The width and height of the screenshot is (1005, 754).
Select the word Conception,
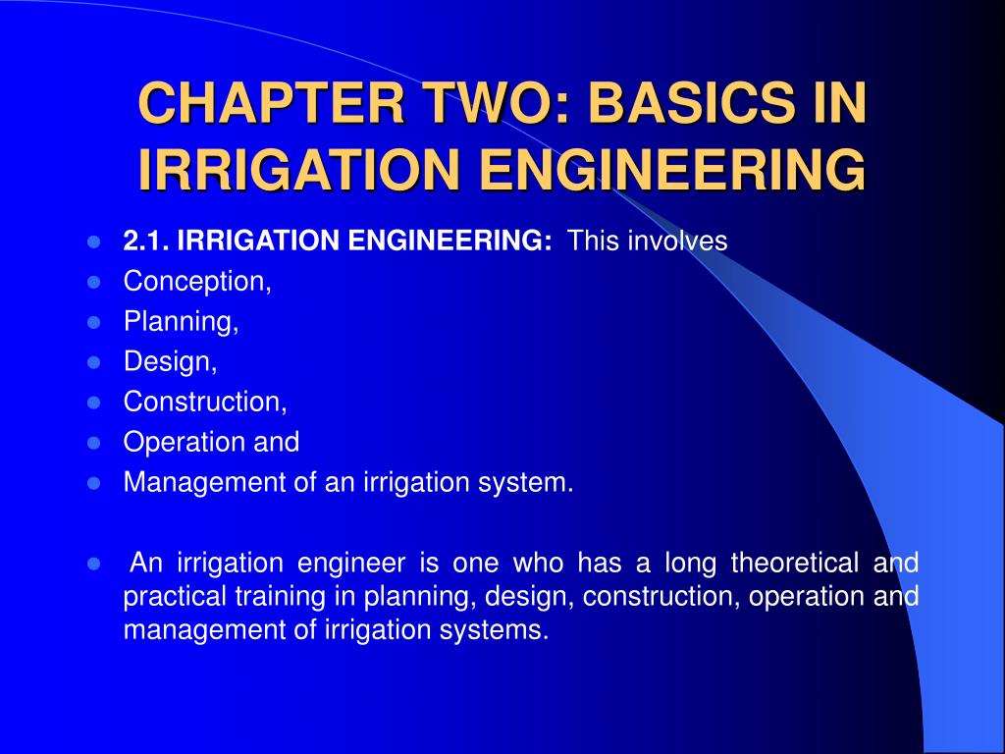pos(197,282)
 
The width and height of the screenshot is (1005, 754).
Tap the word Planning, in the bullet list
pos(182,322)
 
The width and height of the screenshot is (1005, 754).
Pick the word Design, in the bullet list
pos(170,362)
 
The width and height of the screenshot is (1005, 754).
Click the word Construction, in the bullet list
pos(205,402)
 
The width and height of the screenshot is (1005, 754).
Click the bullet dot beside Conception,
pos(94,282)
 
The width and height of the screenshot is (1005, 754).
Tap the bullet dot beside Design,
pos(94,362)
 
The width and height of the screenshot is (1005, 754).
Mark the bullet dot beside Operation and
pos(94,442)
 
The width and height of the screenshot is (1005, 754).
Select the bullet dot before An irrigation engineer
pos(94,564)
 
